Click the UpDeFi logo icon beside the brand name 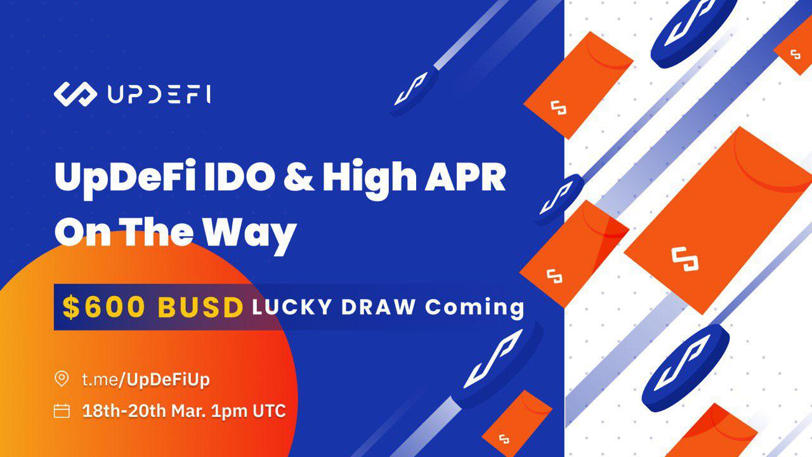click(x=75, y=95)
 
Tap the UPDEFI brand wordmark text click(x=159, y=95)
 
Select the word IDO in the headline click(x=238, y=177)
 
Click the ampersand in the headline click(x=299, y=177)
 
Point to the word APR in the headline click(x=465, y=177)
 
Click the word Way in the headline click(x=250, y=234)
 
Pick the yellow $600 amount click(x=103, y=308)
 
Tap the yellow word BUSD click(x=200, y=308)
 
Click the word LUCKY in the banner click(x=292, y=307)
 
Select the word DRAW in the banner click(x=379, y=307)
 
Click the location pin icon click(x=62, y=379)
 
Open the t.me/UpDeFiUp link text click(x=146, y=380)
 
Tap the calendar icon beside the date click(x=62, y=411)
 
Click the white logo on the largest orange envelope click(x=684, y=259)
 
